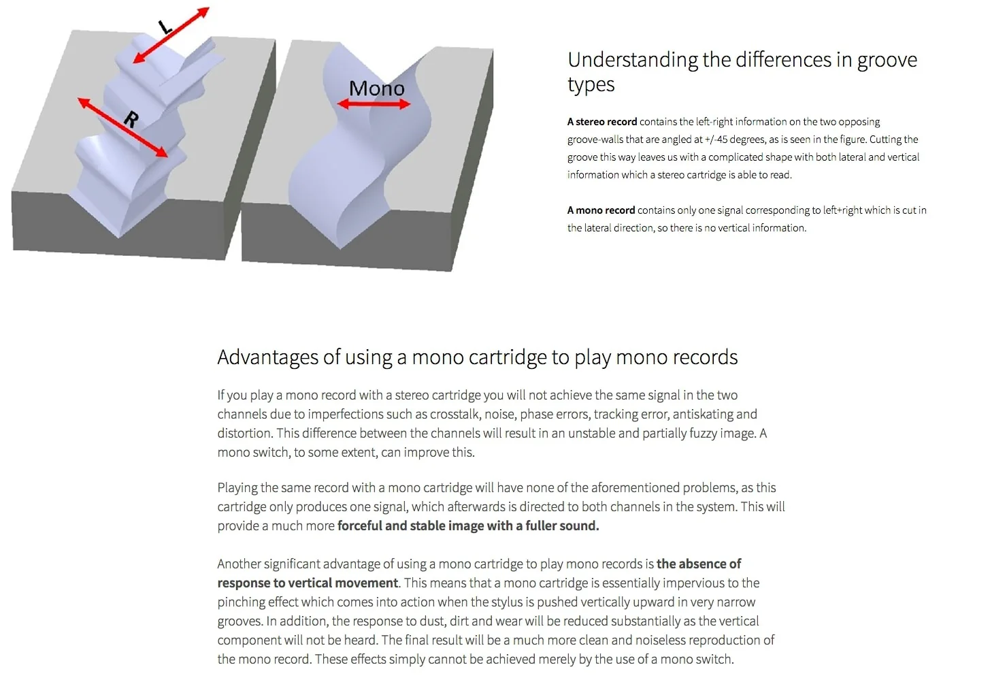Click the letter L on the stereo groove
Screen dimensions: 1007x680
pyautogui.click(x=165, y=27)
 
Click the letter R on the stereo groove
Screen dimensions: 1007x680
pyautogui.click(x=131, y=120)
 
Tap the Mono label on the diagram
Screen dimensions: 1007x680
pyautogui.click(x=377, y=88)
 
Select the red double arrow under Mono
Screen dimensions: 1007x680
pyautogui.click(x=374, y=104)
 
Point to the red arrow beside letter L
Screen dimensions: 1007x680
pyautogui.click(x=171, y=35)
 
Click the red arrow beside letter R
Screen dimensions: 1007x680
pyautogui.click(x=122, y=128)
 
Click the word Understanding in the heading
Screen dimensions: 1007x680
pyautogui.click(x=633, y=61)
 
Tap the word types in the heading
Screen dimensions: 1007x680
pyautogui.click(x=591, y=84)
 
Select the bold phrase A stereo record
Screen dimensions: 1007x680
pyautogui.click(x=602, y=122)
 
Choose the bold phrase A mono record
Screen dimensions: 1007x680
pyautogui.click(x=601, y=210)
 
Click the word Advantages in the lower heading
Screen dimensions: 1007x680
pyautogui.click(x=268, y=357)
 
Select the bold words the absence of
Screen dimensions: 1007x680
pyautogui.click(x=699, y=564)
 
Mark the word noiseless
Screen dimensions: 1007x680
pyautogui.click(x=655, y=641)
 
